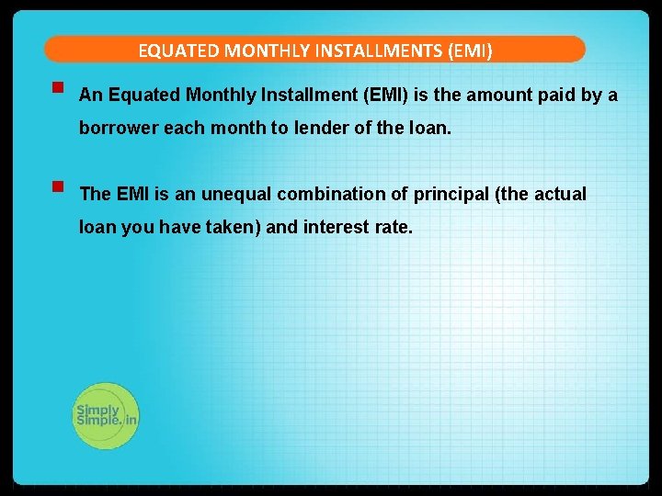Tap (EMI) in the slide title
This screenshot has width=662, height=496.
pyautogui.click(x=470, y=51)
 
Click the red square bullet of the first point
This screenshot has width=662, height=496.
pyautogui.click(x=57, y=89)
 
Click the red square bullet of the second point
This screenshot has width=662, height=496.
pyautogui.click(x=57, y=187)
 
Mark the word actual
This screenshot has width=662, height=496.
pyautogui.click(x=560, y=194)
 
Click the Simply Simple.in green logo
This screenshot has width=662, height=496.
pyautogui.click(x=105, y=415)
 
